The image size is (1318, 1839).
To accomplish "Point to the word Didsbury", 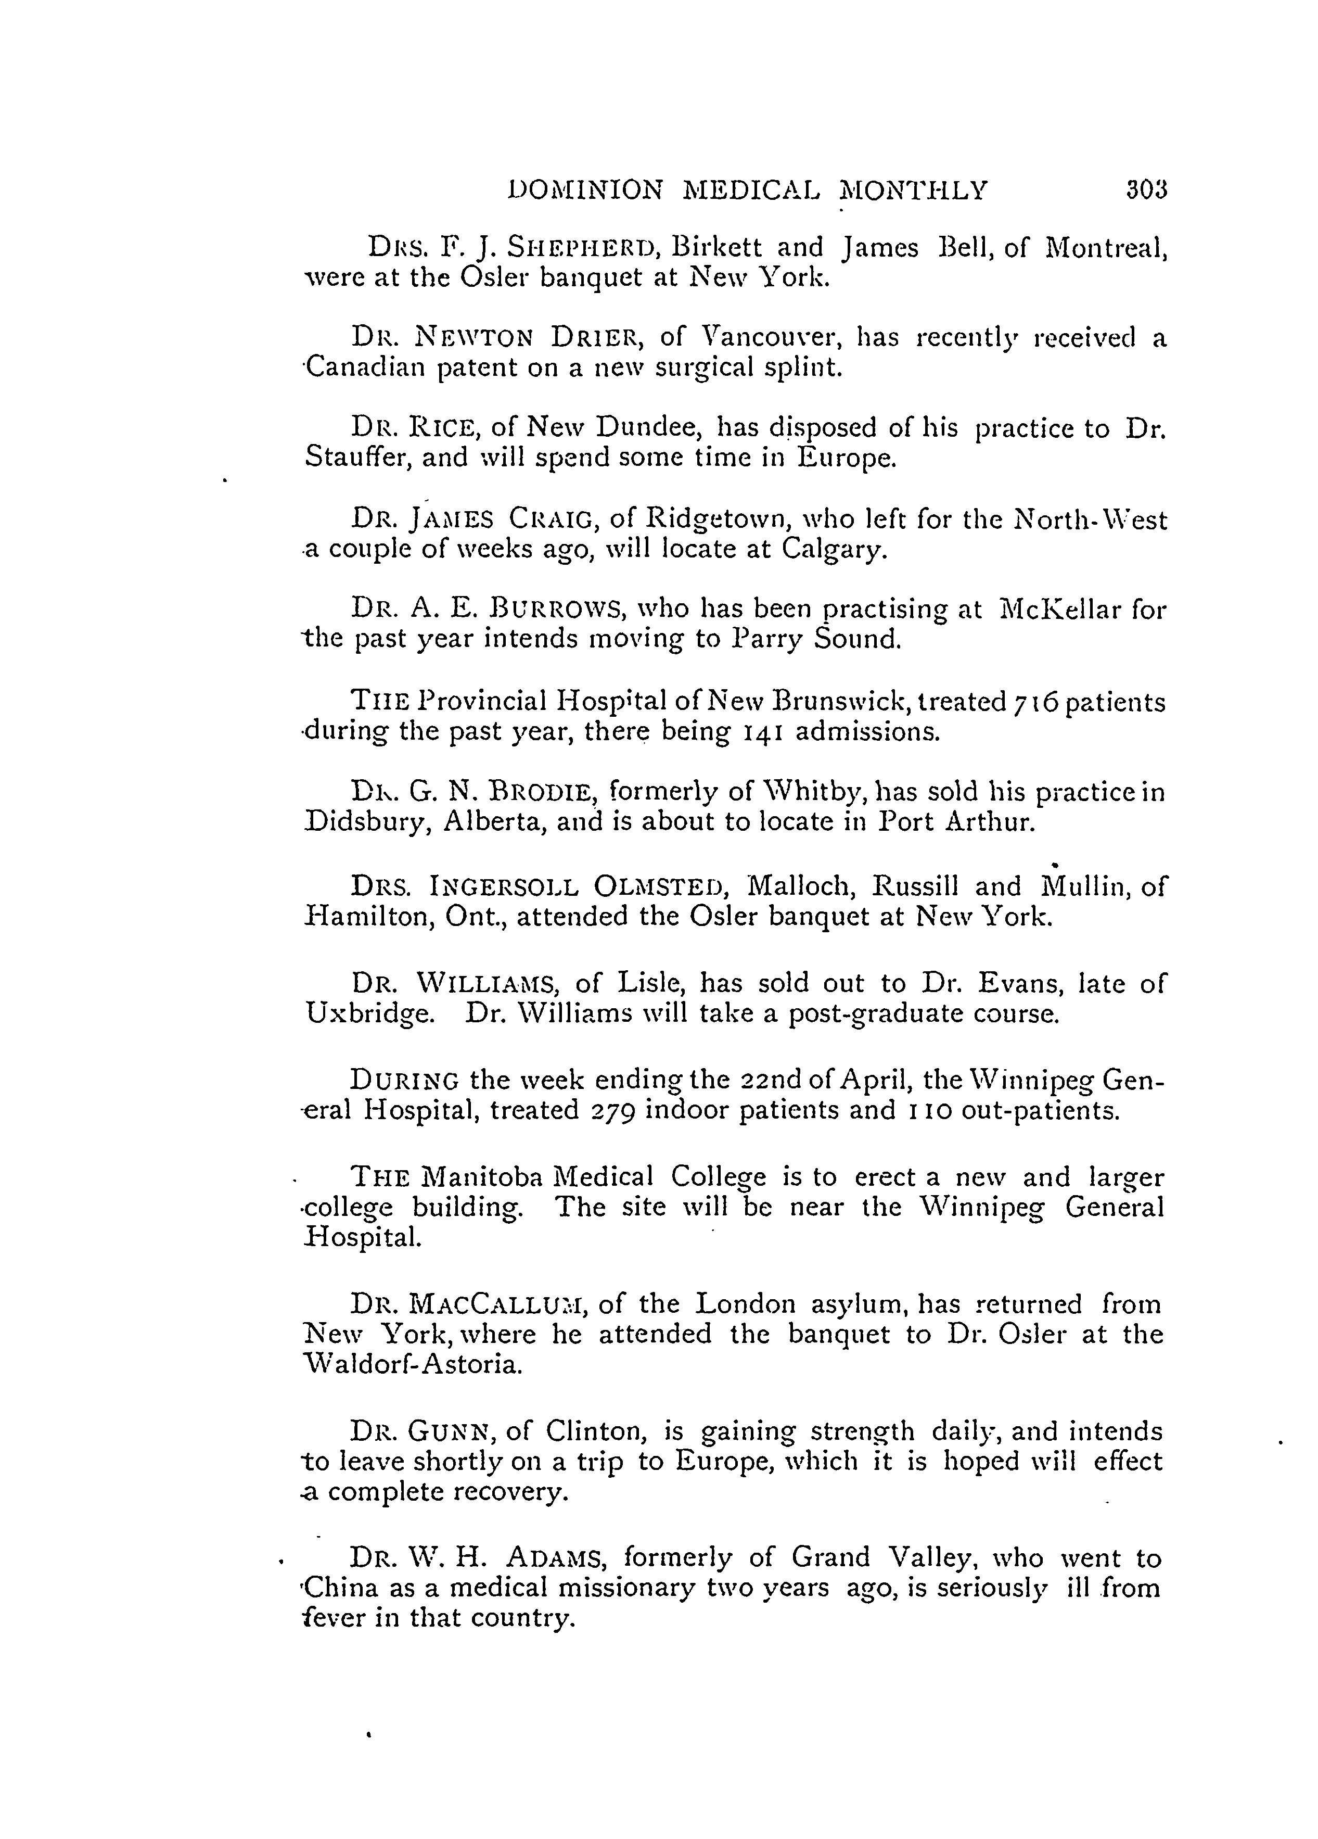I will tap(369, 823).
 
